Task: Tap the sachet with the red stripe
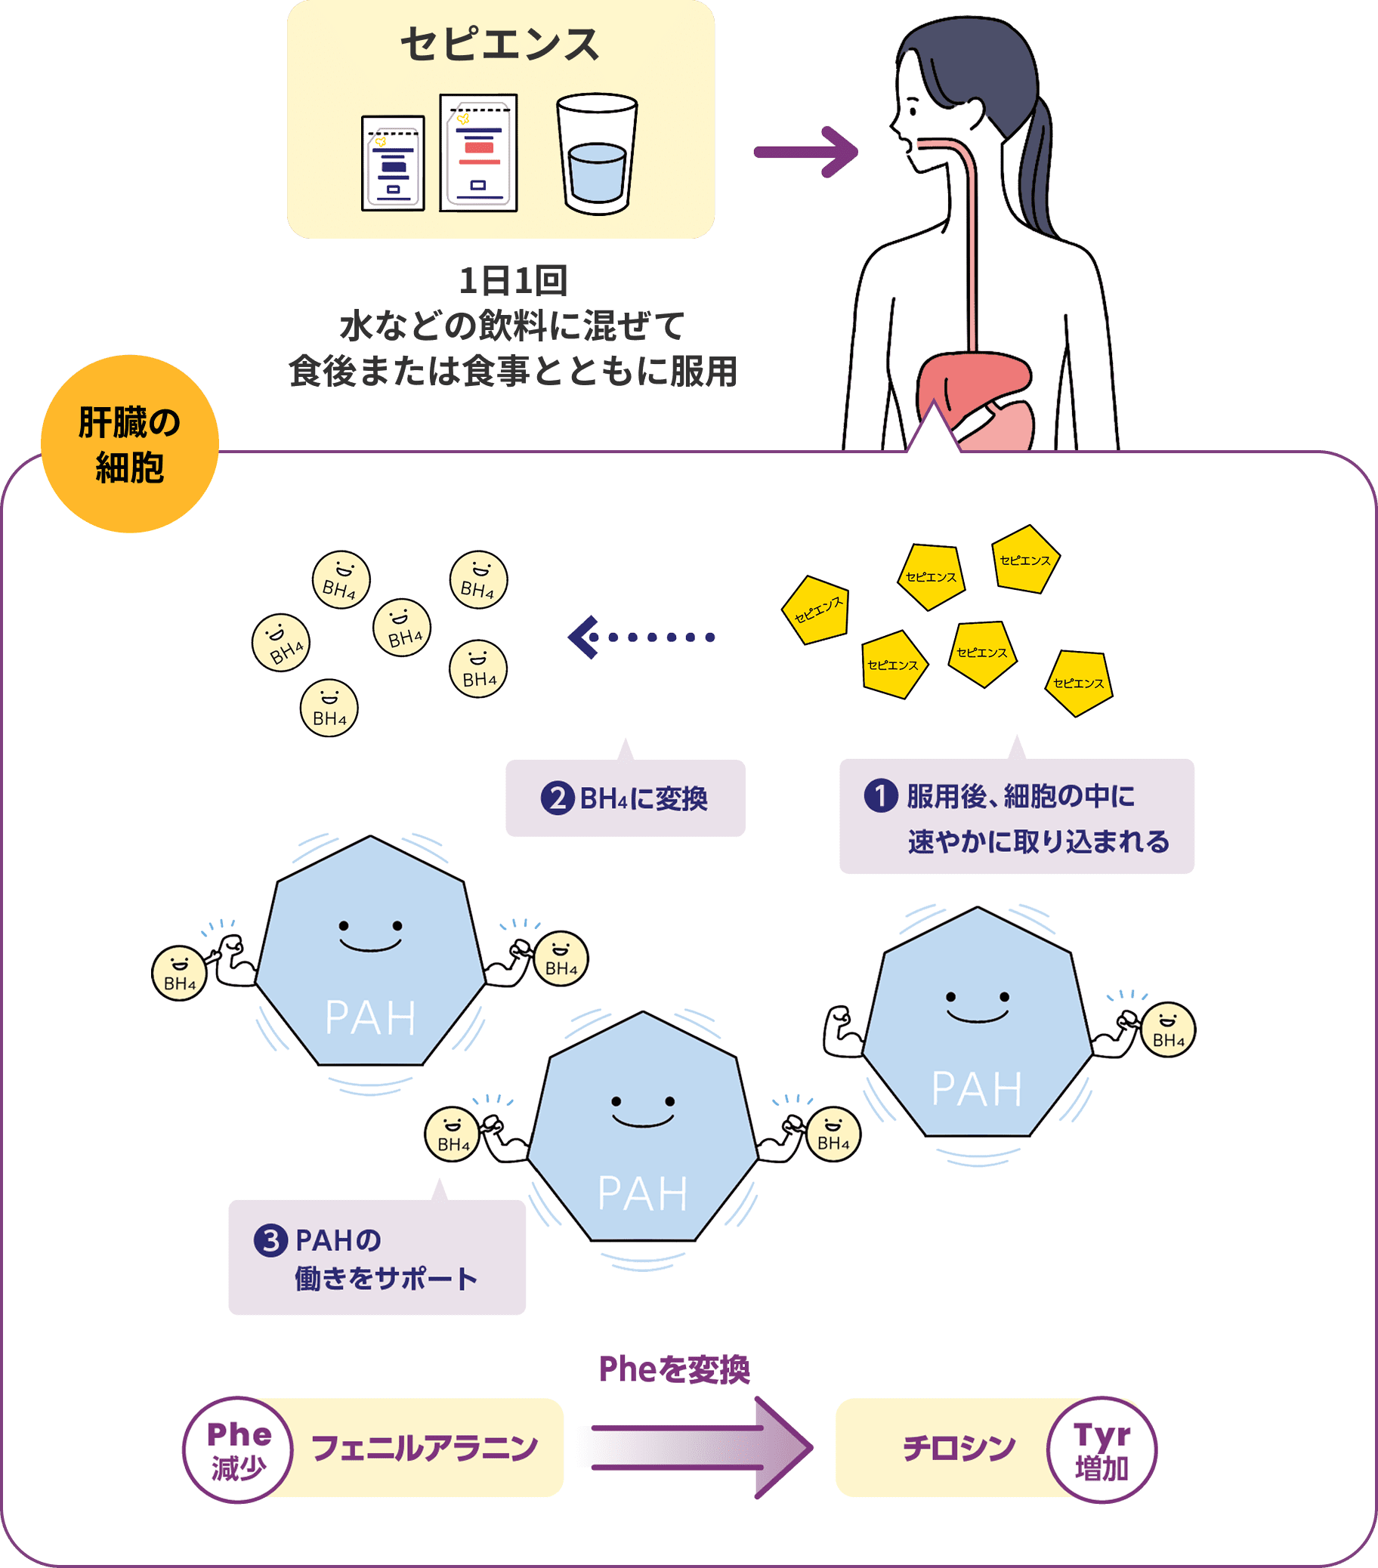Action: (x=479, y=153)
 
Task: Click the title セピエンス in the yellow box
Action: (x=499, y=45)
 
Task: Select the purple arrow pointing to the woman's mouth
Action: (x=805, y=152)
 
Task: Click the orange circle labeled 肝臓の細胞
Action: (x=130, y=444)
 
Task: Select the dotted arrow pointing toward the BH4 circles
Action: (x=641, y=637)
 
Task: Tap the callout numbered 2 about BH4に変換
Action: (x=626, y=798)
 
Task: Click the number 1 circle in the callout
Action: (x=880, y=795)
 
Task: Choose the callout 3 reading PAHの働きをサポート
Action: (x=377, y=1258)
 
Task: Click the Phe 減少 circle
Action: (x=239, y=1449)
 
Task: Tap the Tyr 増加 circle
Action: (x=1101, y=1449)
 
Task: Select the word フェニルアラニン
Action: (x=425, y=1448)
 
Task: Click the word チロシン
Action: (x=959, y=1448)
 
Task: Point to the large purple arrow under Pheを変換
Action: (x=698, y=1448)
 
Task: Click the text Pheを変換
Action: (x=674, y=1369)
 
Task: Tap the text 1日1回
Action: (x=512, y=281)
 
